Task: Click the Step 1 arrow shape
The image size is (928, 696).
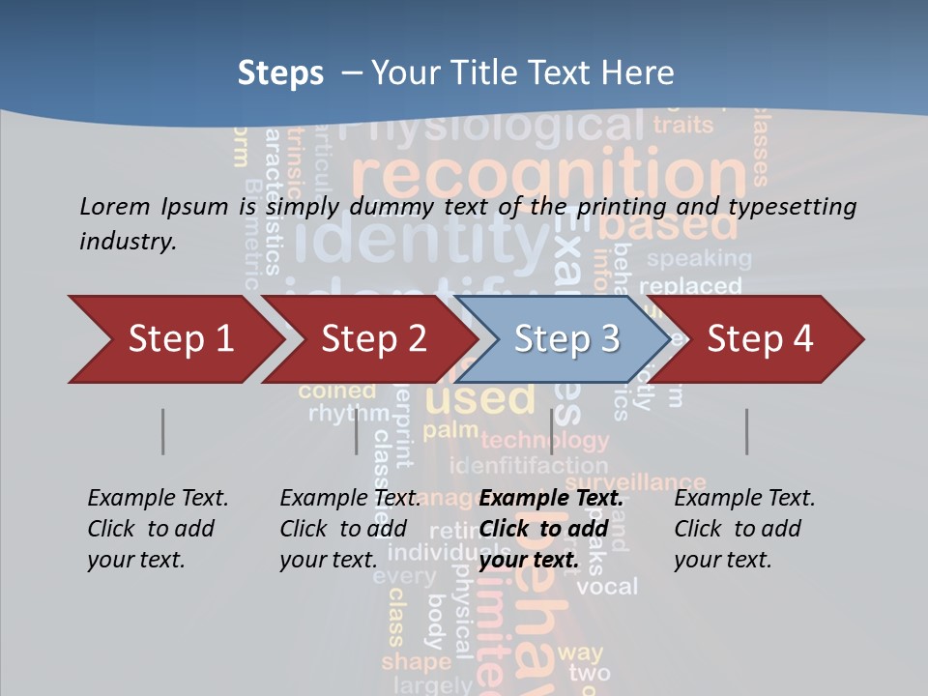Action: pyautogui.click(x=174, y=339)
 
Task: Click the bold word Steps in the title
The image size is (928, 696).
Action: pyautogui.click(x=280, y=72)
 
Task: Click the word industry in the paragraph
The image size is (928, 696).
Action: pyautogui.click(x=128, y=242)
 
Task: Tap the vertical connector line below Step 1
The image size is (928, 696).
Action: pyautogui.click(x=162, y=431)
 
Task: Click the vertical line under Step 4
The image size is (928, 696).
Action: pyautogui.click(x=746, y=431)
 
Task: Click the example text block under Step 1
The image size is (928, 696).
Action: pyautogui.click(x=158, y=529)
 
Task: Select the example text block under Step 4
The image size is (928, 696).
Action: pyautogui.click(x=744, y=529)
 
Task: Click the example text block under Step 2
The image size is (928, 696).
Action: pyautogui.click(x=350, y=529)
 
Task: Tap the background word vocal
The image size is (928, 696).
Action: pyautogui.click(x=607, y=587)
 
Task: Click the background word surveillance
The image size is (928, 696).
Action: pyautogui.click(x=635, y=481)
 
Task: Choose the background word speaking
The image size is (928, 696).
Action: pyautogui.click(x=699, y=259)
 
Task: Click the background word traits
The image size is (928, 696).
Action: pyautogui.click(x=683, y=125)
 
